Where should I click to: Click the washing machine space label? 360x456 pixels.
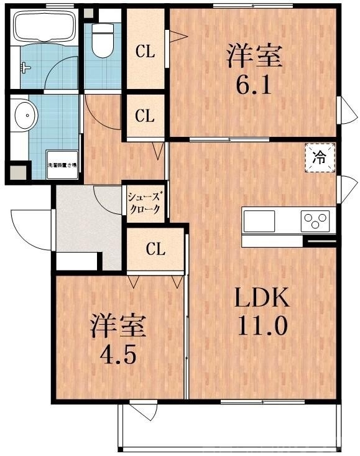(62, 165)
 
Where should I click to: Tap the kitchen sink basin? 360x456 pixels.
(259, 220)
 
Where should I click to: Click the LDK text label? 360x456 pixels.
(261, 300)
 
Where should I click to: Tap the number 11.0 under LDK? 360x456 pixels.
(261, 326)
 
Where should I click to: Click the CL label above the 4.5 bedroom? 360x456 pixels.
(155, 249)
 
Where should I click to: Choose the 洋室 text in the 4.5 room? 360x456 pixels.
(118, 326)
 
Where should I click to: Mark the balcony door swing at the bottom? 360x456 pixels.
(141, 411)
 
